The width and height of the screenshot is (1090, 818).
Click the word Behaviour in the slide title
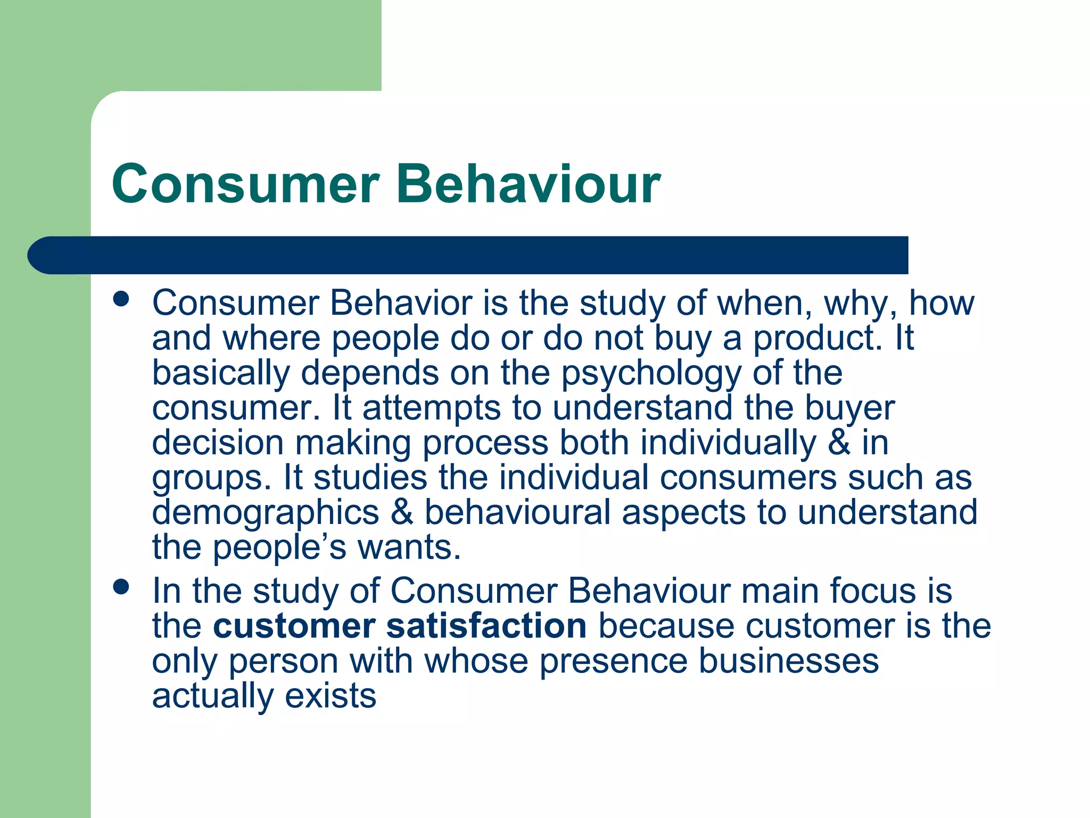[x=528, y=184]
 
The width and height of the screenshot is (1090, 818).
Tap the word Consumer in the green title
[x=246, y=184]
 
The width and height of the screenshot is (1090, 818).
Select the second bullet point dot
[x=121, y=587]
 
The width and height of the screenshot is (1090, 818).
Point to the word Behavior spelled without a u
[x=401, y=303]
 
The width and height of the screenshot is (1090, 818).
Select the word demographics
[x=266, y=513]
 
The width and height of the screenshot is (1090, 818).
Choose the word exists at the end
[x=331, y=696]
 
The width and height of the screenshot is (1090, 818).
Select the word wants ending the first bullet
[x=408, y=547]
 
